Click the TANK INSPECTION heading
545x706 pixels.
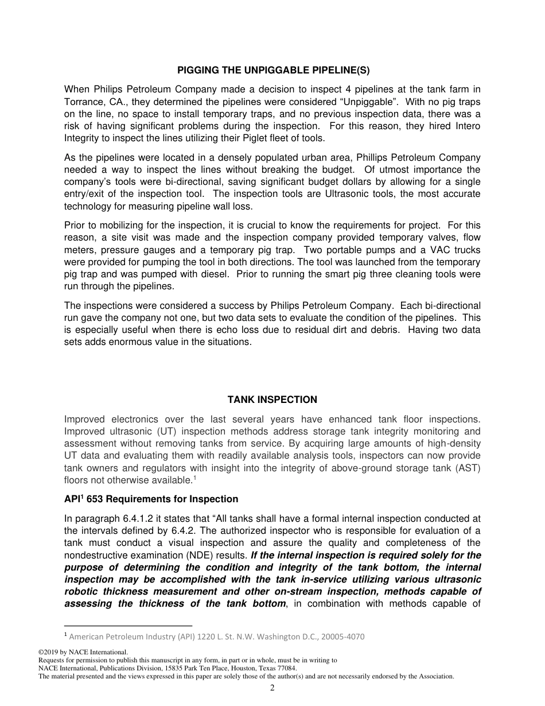(272, 399)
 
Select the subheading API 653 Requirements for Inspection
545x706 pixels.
(151, 499)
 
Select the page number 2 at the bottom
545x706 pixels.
(272, 688)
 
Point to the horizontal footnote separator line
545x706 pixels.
(128, 626)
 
